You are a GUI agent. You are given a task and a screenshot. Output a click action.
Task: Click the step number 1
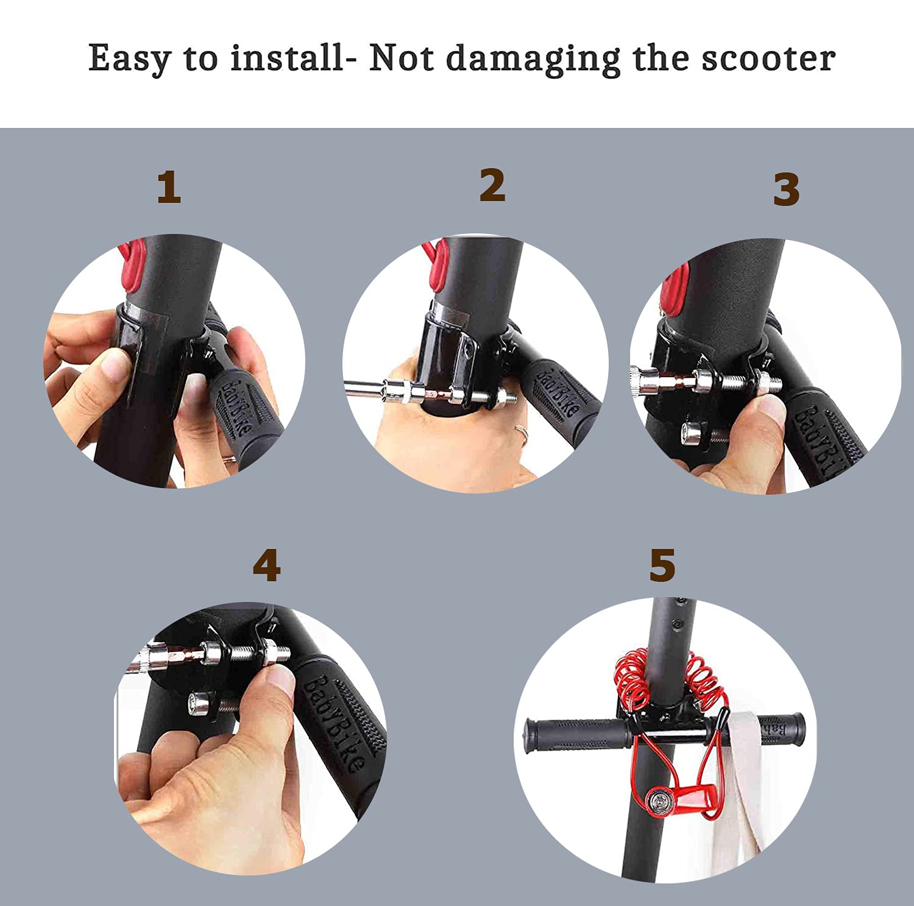point(169,187)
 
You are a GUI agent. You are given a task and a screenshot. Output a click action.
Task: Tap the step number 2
point(492,185)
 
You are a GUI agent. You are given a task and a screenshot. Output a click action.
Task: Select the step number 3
point(786,189)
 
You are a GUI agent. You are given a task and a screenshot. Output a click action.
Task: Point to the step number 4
point(267,565)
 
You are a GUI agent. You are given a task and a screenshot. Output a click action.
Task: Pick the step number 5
point(662,565)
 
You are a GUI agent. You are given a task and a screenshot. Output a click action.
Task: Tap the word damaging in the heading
point(533,60)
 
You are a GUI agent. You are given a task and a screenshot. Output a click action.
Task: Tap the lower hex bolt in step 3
point(704,434)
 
